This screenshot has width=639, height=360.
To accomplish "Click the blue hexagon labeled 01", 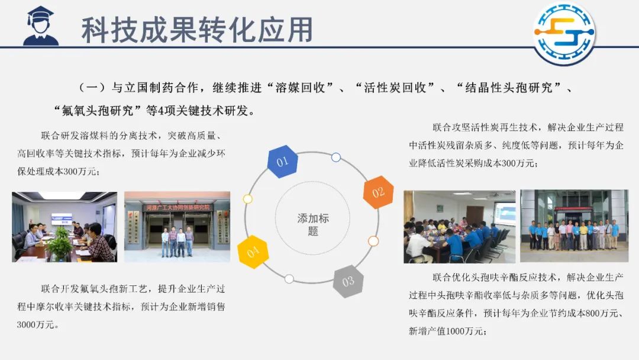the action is [282, 162].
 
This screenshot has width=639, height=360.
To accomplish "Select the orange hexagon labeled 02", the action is [378, 192].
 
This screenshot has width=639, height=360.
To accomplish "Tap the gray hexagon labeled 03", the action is [348, 281].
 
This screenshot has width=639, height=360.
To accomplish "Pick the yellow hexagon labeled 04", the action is [253, 252].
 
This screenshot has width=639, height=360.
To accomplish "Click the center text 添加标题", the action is [313, 224].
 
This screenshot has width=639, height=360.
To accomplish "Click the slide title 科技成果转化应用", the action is [197, 30].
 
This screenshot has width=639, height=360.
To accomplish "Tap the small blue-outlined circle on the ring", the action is [336, 157].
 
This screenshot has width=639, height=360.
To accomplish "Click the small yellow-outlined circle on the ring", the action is [247, 199].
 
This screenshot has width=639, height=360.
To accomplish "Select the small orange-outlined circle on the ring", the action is [373, 242].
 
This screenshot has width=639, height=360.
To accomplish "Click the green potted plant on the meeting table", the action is [60, 244].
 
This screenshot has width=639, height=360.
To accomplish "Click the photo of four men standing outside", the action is [177, 227].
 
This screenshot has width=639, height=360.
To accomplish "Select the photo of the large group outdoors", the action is [574, 226].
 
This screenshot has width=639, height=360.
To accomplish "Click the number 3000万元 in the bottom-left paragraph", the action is [35, 325].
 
